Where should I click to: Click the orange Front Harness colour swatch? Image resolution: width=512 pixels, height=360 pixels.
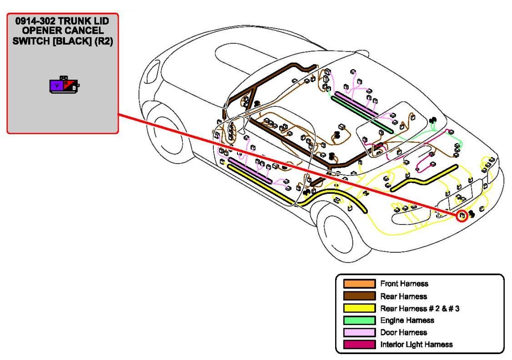click(x=359, y=284)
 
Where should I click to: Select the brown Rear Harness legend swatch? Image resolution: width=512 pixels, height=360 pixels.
click(x=359, y=296)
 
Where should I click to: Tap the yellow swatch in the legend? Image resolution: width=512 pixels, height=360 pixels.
click(x=359, y=309)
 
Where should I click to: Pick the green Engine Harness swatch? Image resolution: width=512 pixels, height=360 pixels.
click(x=359, y=320)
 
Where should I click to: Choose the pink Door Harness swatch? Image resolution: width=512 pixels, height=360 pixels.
click(x=359, y=333)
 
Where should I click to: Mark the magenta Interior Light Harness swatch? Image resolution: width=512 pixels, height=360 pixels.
click(x=359, y=345)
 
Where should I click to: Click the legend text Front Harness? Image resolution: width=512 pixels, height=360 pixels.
click(x=404, y=284)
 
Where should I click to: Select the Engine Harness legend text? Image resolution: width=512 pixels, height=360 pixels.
click(x=407, y=320)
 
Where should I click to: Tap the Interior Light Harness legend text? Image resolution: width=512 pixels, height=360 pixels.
click(x=416, y=345)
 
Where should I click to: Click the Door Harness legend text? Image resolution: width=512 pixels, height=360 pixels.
click(x=403, y=333)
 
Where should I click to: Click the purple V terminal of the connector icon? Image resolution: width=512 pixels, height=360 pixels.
click(x=56, y=85)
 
